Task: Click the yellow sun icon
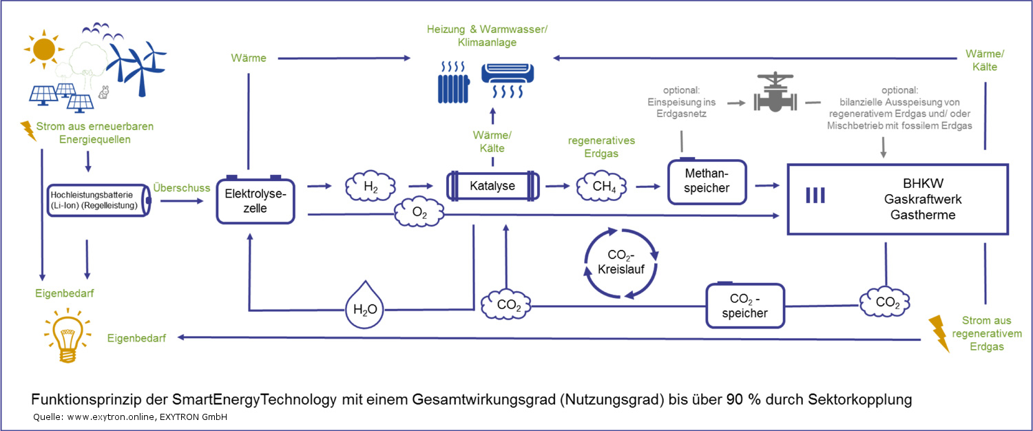tap(43, 50)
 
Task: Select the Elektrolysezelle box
tap(255, 200)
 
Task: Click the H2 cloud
tap(371, 186)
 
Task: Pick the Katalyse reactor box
tap(492, 186)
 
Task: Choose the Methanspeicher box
tap(707, 182)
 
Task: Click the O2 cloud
tap(419, 215)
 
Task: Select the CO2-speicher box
tap(746, 305)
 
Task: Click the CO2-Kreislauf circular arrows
tap(621, 262)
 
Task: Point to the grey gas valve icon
tap(775, 94)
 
